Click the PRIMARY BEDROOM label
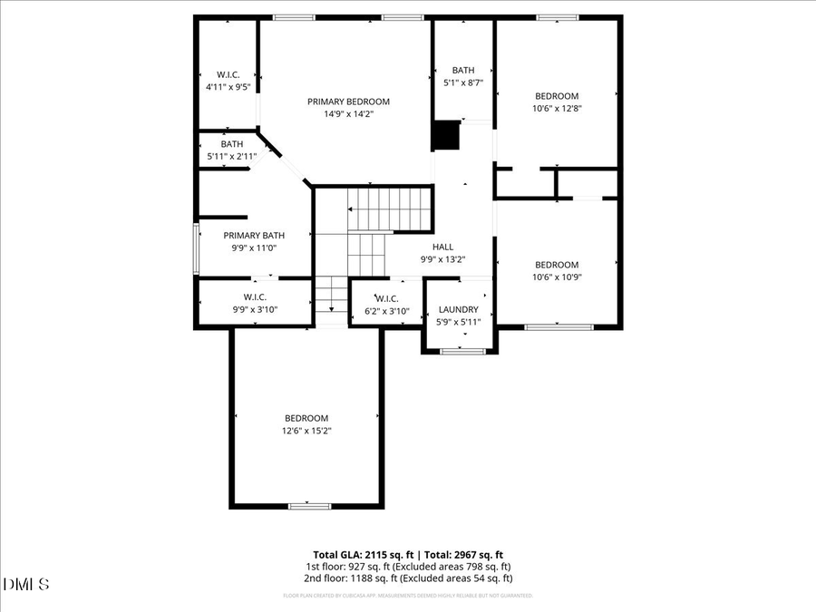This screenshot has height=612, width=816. coord(348,102)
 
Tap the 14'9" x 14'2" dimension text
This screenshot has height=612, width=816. coord(348,114)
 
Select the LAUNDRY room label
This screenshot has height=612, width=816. coord(458,309)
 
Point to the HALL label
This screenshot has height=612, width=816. coord(442,247)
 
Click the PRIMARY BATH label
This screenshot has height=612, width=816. coord(254,235)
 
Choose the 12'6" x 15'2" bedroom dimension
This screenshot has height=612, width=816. coord(306,431)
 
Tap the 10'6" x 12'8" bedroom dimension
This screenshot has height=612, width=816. coord(556,108)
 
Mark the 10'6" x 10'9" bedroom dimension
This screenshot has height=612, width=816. coord(556,277)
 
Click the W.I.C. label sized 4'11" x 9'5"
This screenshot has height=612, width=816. coord(228,74)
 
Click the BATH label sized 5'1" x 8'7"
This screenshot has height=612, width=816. coord(463,70)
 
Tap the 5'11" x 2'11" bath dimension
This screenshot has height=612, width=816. coord(232,156)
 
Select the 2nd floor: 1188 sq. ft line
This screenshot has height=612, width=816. coord(408,578)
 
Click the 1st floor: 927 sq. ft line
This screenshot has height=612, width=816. coord(408,566)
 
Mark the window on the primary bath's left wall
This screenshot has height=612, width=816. coord(196,248)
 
